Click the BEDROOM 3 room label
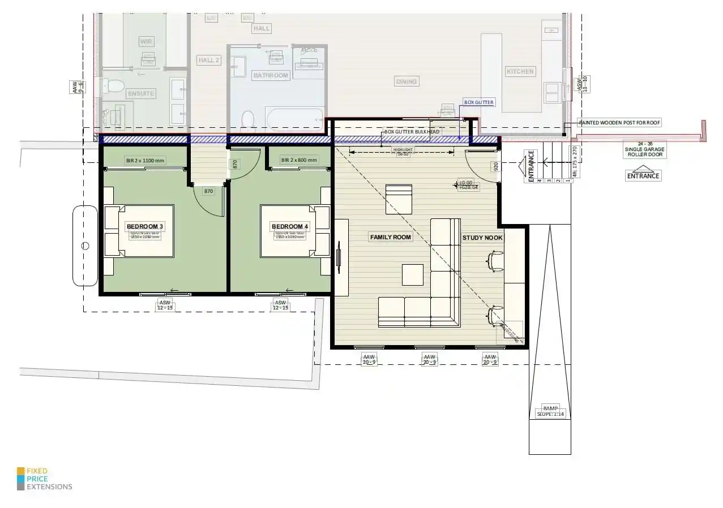coord(144,227)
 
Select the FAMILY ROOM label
coord(391,237)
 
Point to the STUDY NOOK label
coord(482,238)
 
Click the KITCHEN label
coord(520,71)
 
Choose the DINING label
coord(406,81)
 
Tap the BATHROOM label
coord(271,75)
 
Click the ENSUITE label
coord(141,93)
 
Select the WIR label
coord(147,42)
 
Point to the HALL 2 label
coord(208,60)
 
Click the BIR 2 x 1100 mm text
coord(144,161)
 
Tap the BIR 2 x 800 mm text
coord(300,161)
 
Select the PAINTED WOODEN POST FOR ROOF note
coord(619,122)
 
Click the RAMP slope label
coord(550,411)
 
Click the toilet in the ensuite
coord(115,86)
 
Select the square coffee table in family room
coord(413,275)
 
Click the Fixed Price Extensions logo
coord(45,479)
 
